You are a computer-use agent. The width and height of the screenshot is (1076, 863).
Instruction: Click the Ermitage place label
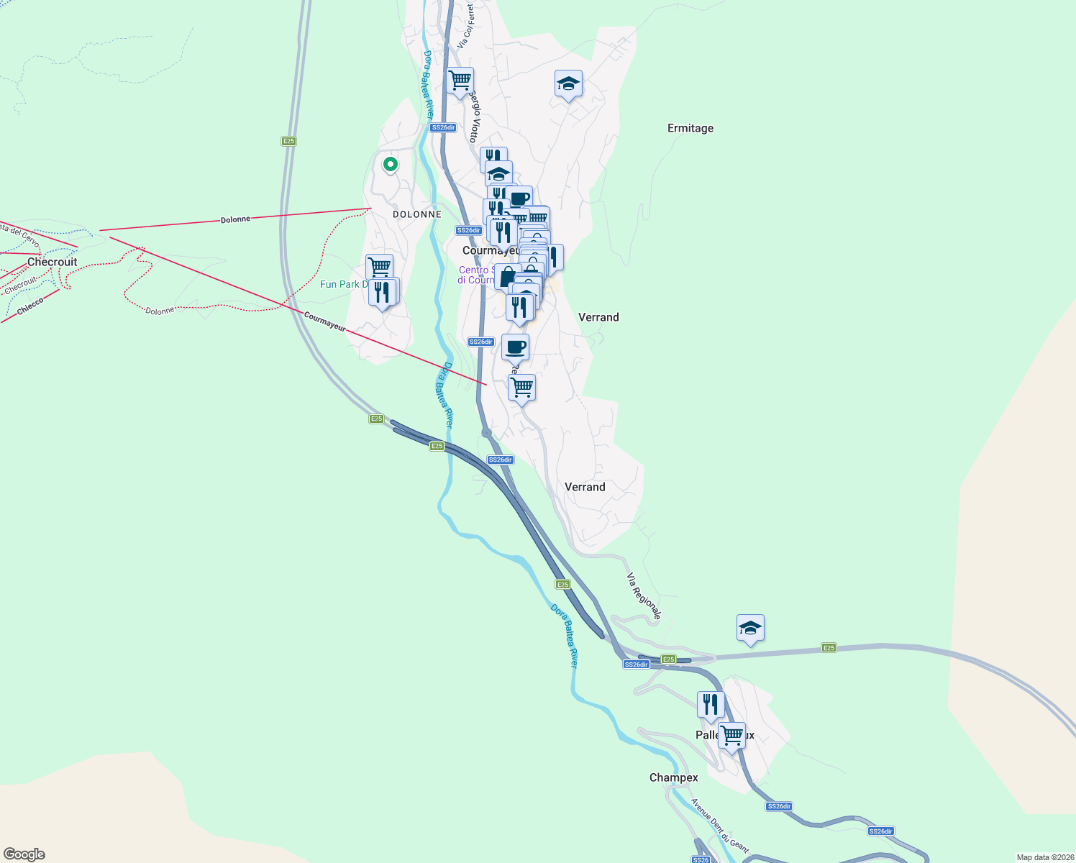point(690,128)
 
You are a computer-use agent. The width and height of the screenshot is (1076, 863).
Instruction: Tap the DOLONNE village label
point(417,214)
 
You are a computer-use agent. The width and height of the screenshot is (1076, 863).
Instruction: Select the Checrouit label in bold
point(52,262)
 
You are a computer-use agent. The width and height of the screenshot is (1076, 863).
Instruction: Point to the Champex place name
point(673,777)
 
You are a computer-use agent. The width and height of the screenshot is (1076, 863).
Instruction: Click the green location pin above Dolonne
point(390,165)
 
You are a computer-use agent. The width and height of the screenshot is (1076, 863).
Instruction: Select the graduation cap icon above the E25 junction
point(750,628)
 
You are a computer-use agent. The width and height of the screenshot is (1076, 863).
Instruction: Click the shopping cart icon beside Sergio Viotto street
point(460,80)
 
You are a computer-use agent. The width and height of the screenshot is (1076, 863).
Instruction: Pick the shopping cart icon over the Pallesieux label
point(731,736)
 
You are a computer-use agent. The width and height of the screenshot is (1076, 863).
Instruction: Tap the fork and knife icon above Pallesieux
point(711,705)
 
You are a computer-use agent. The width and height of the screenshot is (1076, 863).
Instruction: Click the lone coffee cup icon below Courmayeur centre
point(515,347)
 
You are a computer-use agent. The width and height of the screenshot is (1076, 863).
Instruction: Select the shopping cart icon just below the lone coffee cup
point(521,387)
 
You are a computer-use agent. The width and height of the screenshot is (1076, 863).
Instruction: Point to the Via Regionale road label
point(643,596)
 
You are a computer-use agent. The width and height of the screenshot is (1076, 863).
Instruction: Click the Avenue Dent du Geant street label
point(719,826)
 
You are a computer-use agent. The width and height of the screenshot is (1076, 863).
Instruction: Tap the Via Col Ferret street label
point(466,26)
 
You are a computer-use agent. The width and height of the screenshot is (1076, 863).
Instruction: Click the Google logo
point(24,854)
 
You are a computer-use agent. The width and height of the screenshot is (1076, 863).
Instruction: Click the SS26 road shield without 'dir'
point(700,859)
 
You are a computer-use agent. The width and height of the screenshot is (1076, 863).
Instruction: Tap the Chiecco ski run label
point(30,306)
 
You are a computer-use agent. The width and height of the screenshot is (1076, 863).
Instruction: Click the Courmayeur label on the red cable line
point(324,321)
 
